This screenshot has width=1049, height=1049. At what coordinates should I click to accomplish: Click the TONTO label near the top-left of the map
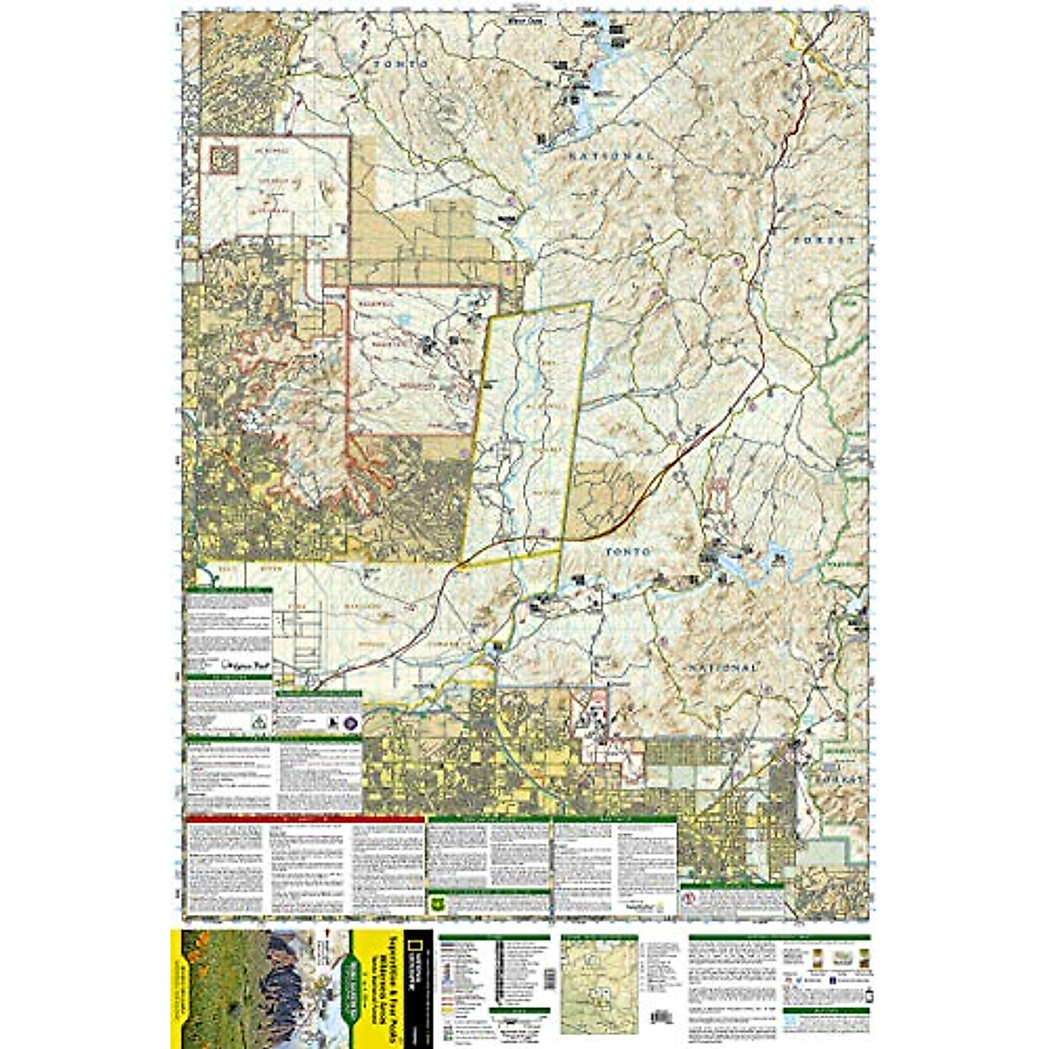[x=399, y=65]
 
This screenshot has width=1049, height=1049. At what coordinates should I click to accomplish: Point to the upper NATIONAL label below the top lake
[x=611, y=155]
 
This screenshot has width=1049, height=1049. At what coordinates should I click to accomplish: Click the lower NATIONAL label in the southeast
[x=721, y=667]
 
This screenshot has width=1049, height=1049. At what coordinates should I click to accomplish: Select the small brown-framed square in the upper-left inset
[x=224, y=158]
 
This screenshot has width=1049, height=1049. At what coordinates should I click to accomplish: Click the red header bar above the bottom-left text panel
[x=305, y=819]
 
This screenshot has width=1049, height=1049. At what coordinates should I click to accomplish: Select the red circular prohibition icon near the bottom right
[x=690, y=900]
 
